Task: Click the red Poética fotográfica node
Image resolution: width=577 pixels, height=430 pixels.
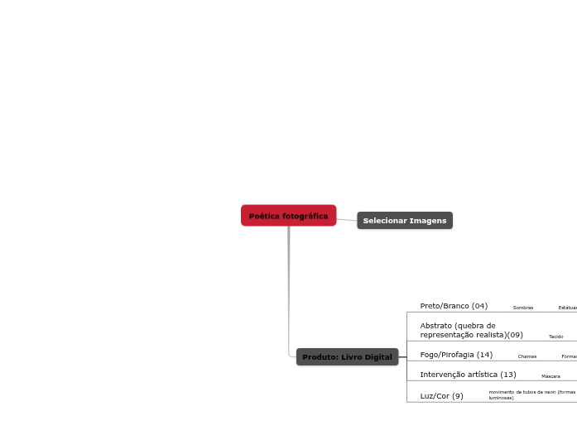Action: (288, 216)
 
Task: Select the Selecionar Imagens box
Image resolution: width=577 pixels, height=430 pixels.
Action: (405, 221)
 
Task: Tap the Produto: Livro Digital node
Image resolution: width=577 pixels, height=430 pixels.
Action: (347, 357)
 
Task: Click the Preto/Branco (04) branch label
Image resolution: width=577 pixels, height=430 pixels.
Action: (454, 306)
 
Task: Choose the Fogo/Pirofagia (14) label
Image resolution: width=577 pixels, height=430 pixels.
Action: (456, 355)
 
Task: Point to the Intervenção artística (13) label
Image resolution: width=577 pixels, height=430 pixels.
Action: (468, 375)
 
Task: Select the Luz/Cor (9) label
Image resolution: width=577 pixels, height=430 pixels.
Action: (441, 396)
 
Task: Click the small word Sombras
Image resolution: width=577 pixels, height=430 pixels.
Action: (523, 308)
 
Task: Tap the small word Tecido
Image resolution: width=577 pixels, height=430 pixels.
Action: (555, 337)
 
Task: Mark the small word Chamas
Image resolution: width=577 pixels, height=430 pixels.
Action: (527, 356)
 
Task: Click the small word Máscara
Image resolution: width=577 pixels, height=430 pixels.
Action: (551, 376)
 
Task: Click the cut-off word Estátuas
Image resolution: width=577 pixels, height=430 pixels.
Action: (568, 308)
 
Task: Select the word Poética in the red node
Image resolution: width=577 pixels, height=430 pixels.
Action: (264, 216)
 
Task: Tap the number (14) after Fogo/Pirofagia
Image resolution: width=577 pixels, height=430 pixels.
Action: (484, 355)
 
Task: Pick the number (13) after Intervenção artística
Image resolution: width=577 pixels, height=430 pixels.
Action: (508, 375)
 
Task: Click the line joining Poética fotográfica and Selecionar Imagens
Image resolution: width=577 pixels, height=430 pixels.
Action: (347, 219)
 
